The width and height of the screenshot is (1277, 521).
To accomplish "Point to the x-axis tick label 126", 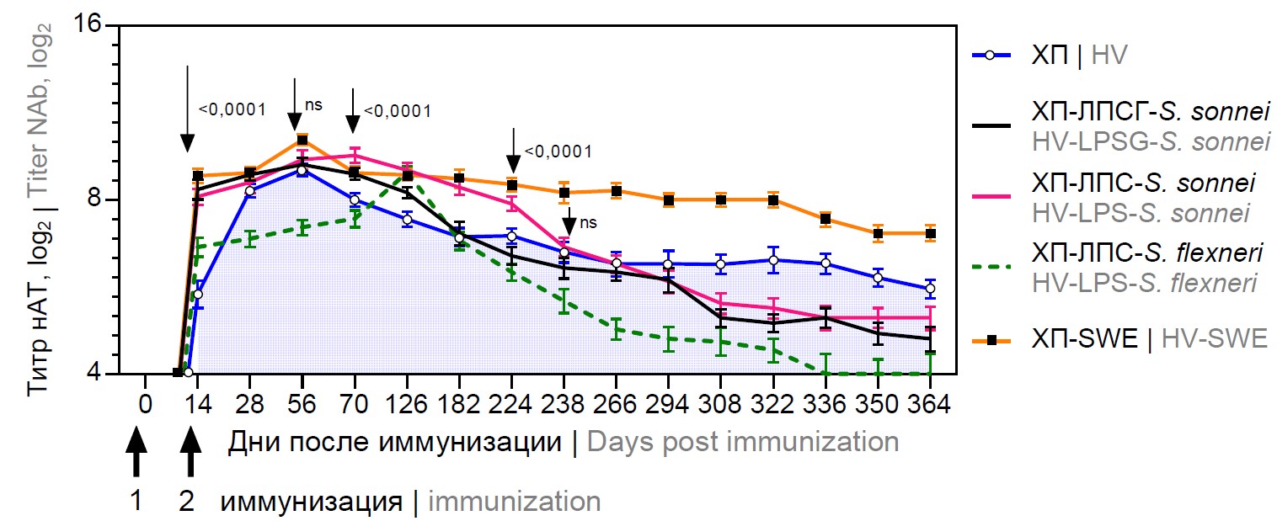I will click(407, 404).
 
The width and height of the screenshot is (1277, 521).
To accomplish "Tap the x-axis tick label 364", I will click(930, 404).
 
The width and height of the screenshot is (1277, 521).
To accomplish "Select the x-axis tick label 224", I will click(511, 404).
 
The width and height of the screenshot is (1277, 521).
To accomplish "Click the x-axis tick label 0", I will click(145, 404).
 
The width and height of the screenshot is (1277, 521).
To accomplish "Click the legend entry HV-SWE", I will click(1214, 339).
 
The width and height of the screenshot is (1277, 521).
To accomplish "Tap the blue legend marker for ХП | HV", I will click(991, 56).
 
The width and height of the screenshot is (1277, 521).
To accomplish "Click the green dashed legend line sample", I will click(991, 268).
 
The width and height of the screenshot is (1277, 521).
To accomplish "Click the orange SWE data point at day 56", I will click(302, 141).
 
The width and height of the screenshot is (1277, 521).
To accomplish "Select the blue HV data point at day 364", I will click(930, 289).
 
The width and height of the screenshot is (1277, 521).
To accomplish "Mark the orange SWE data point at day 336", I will click(826, 219).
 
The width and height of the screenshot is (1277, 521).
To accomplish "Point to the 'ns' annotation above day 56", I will click(313, 104).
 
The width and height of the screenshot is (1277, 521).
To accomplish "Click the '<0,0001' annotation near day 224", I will click(558, 152).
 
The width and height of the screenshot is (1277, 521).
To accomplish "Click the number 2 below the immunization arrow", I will click(187, 502).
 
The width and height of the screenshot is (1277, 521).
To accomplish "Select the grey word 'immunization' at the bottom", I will click(515, 502).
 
